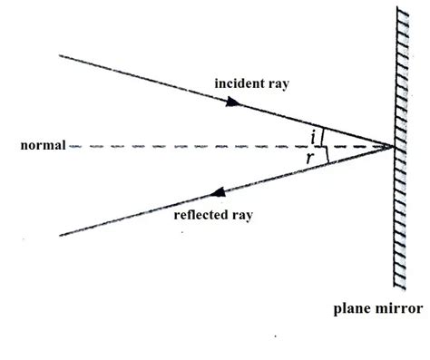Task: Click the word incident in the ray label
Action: (239, 83)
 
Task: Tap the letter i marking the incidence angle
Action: (314, 136)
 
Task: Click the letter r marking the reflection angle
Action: (311, 158)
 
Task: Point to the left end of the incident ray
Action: (59, 55)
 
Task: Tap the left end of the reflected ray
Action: (59, 236)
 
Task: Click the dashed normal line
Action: (181, 146)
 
